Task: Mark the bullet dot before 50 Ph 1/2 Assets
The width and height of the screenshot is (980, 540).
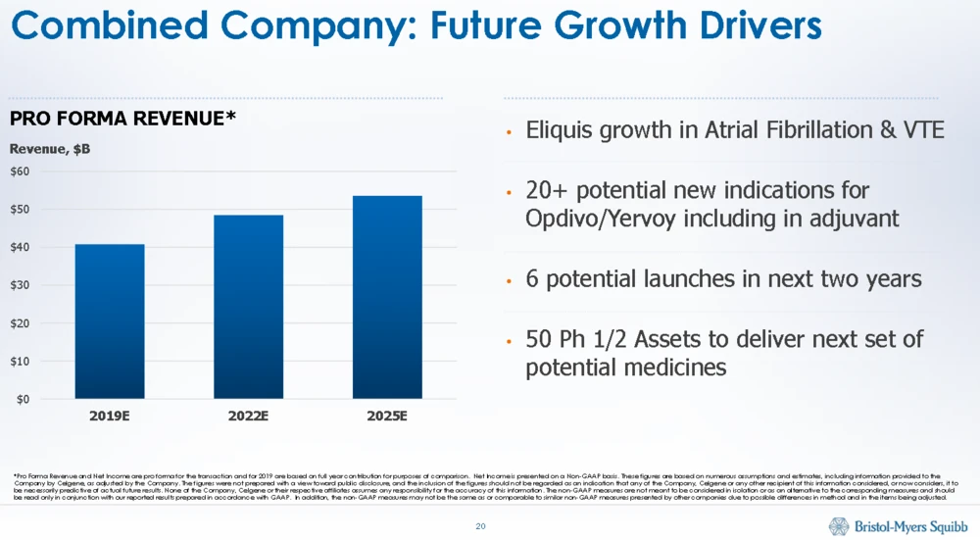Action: [510, 342]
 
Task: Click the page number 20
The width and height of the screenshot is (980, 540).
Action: [480, 527]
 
